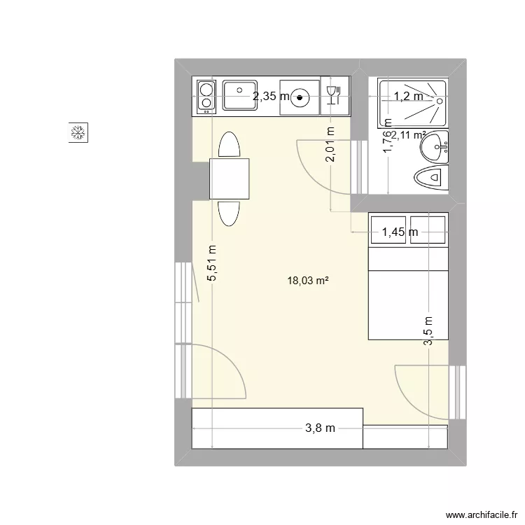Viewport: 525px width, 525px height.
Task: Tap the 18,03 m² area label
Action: point(308,281)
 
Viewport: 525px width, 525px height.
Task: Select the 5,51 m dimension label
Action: point(212,262)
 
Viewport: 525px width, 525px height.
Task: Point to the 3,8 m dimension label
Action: point(320,428)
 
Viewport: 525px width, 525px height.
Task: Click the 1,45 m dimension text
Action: point(400,232)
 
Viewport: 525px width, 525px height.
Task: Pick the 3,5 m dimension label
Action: point(428,328)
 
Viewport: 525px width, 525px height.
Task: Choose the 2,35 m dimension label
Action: point(271,97)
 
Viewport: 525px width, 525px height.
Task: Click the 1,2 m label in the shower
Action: point(408,97)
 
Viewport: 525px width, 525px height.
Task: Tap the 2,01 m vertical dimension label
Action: point(330,144)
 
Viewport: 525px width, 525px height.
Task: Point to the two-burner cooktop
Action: point(206,97)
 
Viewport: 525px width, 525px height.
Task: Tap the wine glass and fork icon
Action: point(333,96)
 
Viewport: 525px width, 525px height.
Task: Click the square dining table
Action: point(230,178)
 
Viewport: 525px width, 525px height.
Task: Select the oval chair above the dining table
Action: point(230,145)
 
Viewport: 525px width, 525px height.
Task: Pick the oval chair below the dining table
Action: point(230,212)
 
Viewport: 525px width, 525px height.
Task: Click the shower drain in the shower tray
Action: point(439,99)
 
